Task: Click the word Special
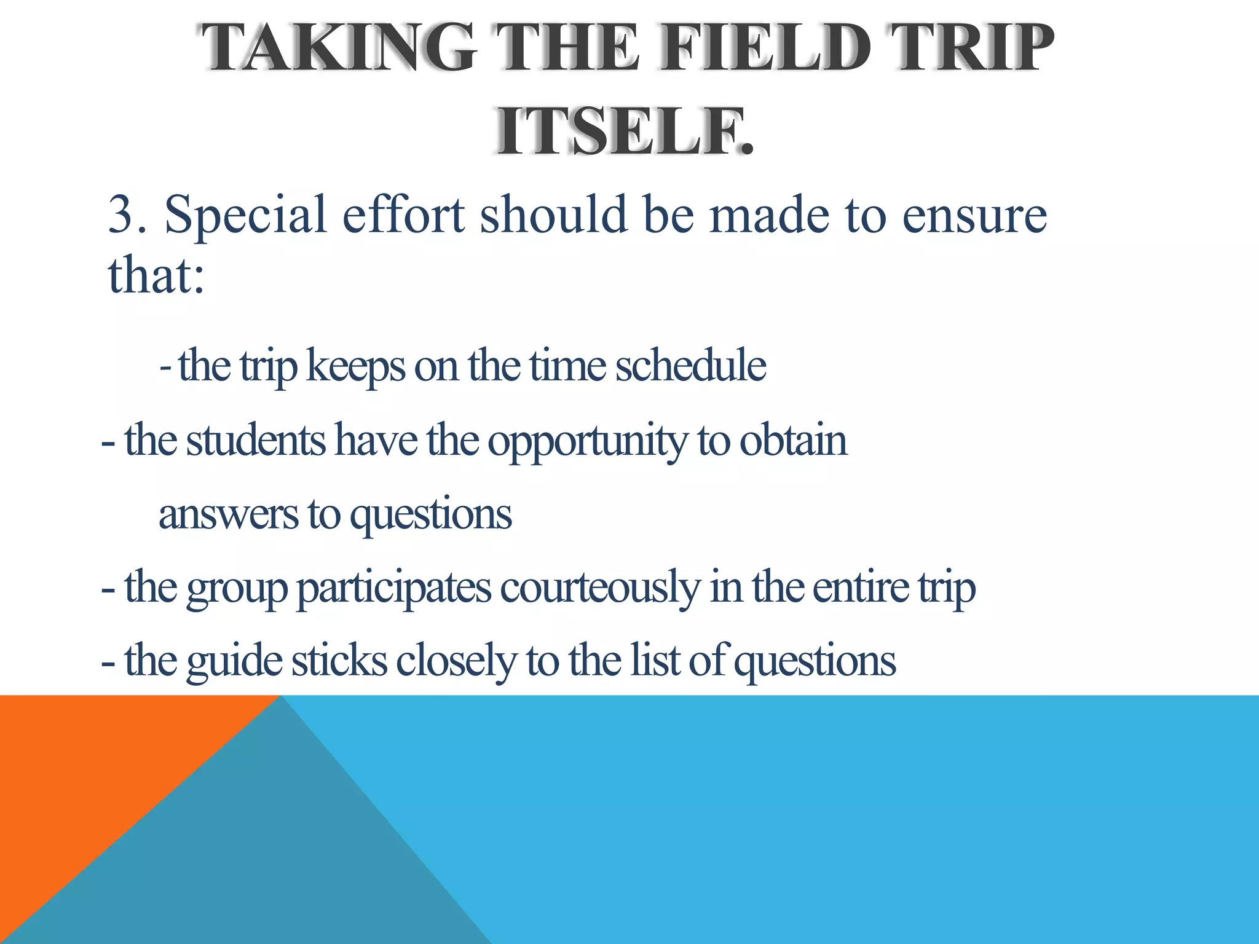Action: (x=245, y=215)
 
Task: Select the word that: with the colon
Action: (x=156, y=275)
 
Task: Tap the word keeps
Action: (x=355, y=366)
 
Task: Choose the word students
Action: (x=256, y=440)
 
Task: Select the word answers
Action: (x=228, y=514)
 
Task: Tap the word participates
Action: (x=394, y=588)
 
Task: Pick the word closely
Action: (x=456, y=661)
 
